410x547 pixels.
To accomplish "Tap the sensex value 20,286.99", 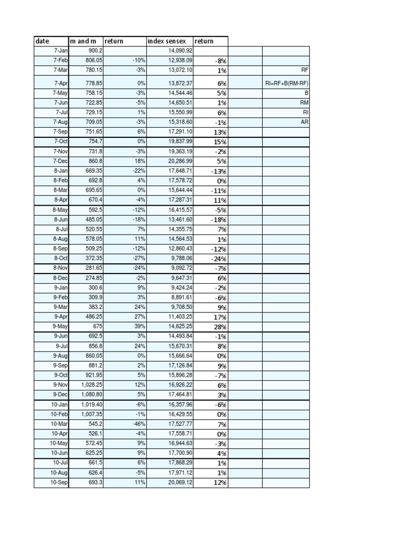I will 180,161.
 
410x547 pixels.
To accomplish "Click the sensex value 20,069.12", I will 180,482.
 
